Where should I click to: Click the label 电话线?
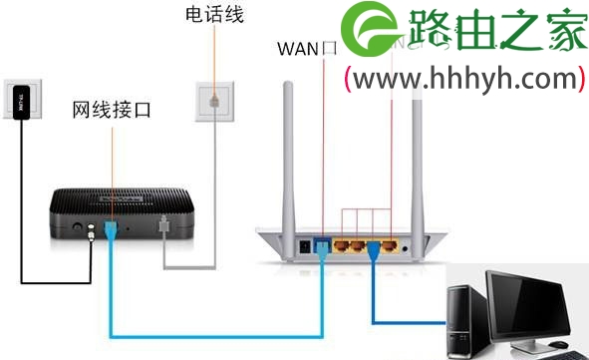point(214,16)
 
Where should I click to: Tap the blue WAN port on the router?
point(323,244)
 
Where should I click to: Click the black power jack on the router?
point(305,244)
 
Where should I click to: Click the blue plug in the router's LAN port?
point(374,249)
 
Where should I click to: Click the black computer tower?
point(466,317)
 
